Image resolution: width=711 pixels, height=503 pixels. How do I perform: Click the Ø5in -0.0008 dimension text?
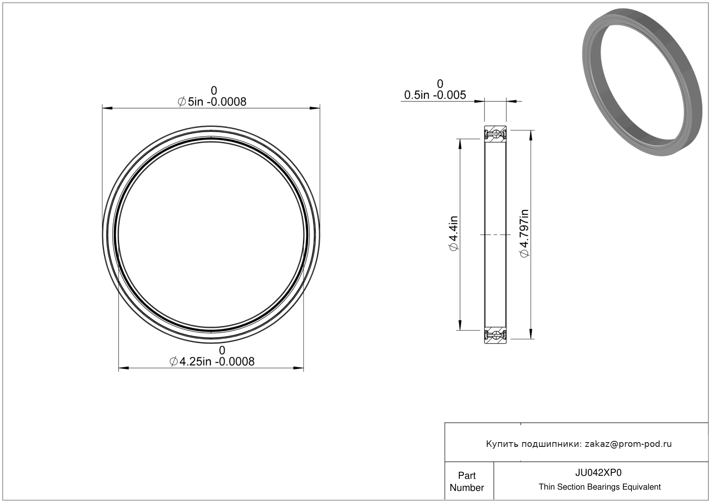point(212,102)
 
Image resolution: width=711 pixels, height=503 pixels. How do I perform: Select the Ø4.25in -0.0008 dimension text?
point(212,361)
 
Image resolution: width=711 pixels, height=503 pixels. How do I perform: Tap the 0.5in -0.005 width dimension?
point(435,95)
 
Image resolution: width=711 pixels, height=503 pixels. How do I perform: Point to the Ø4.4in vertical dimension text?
point(454,233)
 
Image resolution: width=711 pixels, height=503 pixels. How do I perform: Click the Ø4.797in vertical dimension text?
point(524,233)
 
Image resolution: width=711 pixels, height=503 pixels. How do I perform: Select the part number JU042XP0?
point(598,473)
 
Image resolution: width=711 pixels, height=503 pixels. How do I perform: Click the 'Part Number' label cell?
point(467,481)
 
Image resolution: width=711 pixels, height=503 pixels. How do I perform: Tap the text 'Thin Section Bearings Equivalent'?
point(600,487)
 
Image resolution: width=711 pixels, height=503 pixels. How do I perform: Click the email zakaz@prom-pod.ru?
point(628,444)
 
